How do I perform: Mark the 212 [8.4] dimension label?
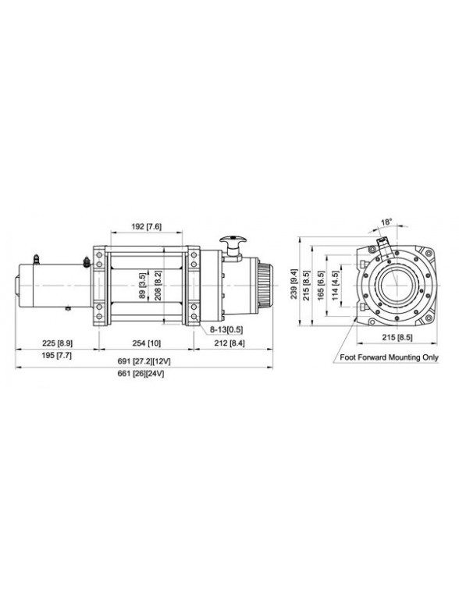tap(229, 343)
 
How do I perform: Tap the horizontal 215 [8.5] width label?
tap(396, 338)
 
